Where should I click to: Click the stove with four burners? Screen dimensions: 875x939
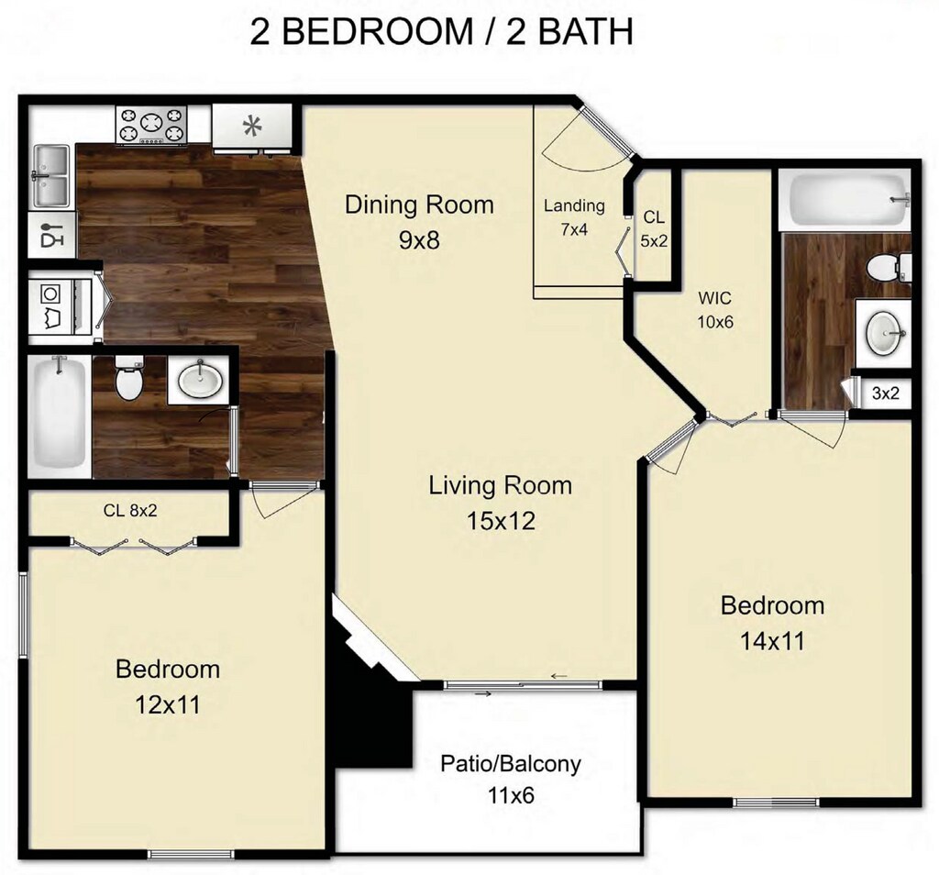[151, 125]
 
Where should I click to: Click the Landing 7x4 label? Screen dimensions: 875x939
[574, 217]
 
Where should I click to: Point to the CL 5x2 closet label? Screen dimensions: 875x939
[654, 229]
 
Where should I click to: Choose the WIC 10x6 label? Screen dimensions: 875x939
[716, 310]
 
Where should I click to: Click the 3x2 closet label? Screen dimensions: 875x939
[885, 394]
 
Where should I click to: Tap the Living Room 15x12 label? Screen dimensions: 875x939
[500, 503]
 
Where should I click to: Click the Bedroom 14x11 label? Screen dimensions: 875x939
[772, 622]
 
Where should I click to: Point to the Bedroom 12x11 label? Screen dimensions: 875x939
[168, 686]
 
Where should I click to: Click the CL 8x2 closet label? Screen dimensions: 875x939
[130, 510]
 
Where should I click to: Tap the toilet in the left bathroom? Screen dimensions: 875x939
[129, 380]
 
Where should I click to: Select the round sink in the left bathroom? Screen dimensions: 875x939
[200, 379]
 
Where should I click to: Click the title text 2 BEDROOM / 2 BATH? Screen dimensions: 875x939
[442, 32]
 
